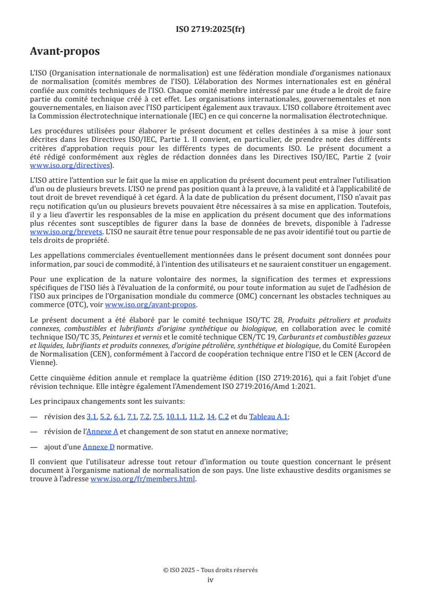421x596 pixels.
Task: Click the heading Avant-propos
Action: [x=65, y=52]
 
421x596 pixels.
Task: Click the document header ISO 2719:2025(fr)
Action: [x=210, y=29]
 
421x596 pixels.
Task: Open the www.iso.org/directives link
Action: [x=71, y=165]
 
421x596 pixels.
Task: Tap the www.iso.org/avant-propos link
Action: [x=151, y=304]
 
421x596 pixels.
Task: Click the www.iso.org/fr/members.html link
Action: [x=143, y=479]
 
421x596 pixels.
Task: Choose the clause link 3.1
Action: [x=92, y=417]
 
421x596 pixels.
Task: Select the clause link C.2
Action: [x=224, y=417]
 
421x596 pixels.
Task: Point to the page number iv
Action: [x=210, y=580]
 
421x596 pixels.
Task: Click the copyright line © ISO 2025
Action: [x=210, y=570]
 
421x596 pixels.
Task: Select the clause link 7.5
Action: [x=158, y=417]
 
